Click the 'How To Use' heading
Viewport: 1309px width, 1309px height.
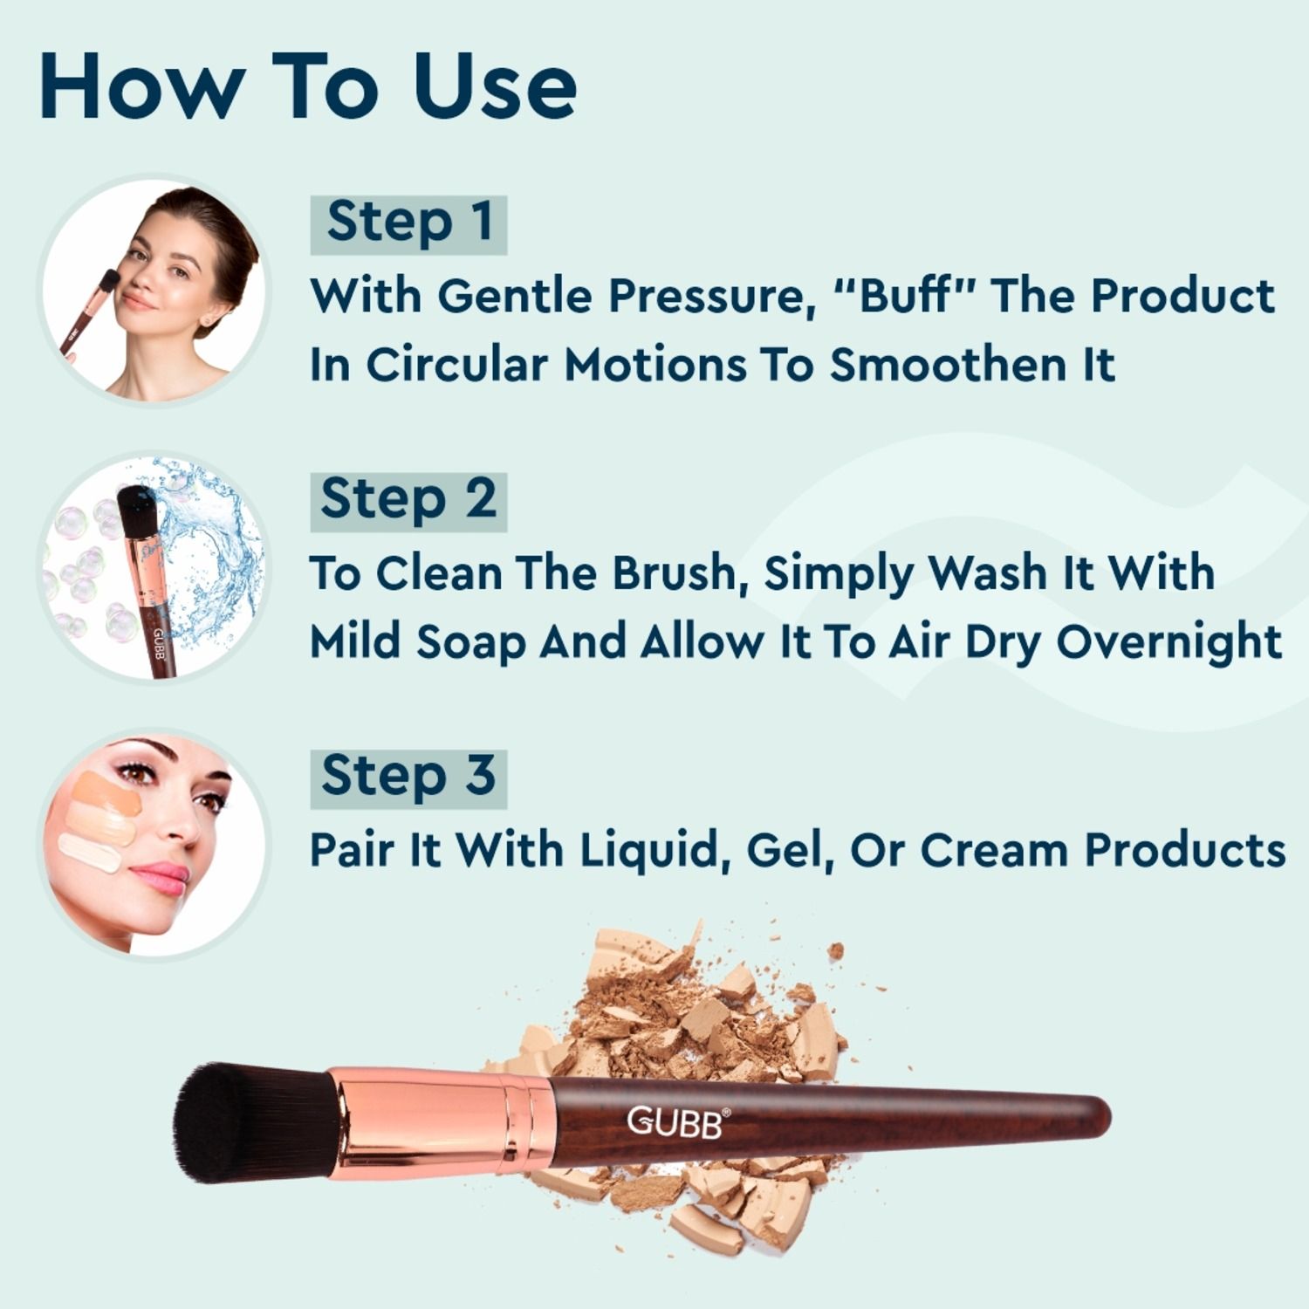click(307, 87)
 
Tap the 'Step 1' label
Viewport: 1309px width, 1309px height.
click(408, 223)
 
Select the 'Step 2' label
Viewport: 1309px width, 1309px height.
click(408, 500)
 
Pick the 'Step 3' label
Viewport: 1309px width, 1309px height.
click(408, 777)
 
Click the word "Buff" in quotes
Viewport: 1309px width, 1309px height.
click(903, 297)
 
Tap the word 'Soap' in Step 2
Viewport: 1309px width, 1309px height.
click(470, 643)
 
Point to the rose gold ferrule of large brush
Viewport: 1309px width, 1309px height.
click(428, 1121)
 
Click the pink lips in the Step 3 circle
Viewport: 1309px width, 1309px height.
click(160, 875)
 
